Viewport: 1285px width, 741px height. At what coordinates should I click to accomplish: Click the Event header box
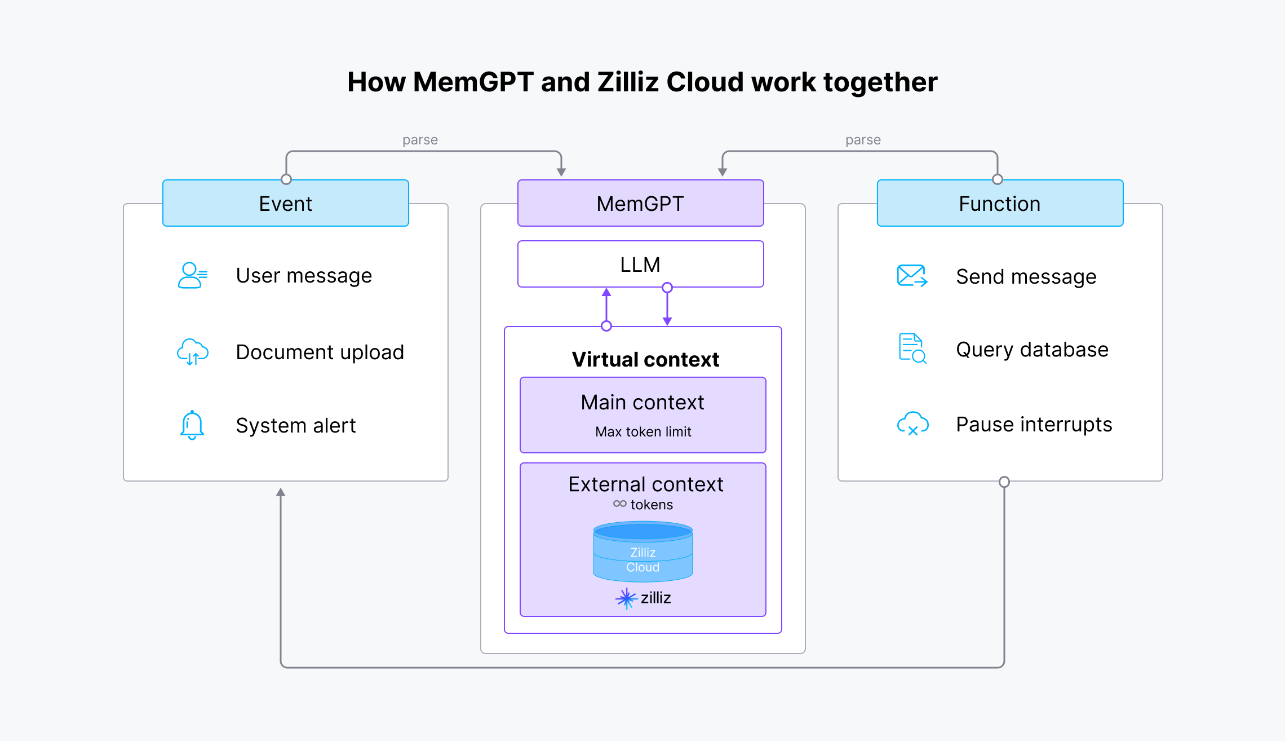click(x=285, y=204)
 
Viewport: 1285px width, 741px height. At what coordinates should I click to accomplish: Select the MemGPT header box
click(x=640, y=204)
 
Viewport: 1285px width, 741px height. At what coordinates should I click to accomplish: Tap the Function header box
click(x=999, y=204)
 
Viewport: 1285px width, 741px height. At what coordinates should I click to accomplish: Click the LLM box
click(x=640, y=264)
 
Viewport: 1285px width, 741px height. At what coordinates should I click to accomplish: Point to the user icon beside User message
click(x=192, y=276)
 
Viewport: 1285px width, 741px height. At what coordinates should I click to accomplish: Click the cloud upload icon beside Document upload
click(x=192, y=352)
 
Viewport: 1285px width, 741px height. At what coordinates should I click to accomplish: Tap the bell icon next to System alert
click(x=192, y=425)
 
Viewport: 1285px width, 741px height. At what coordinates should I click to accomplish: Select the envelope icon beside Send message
click(x=911, y=276)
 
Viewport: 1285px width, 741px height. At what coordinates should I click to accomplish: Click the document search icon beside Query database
click(x=911, y=349)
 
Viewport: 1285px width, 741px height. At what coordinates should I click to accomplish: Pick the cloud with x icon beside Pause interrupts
click(x=912, y=424)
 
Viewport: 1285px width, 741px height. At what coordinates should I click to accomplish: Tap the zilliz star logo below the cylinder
click(x=626, y=598)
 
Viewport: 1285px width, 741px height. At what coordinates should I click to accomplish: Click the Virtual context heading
click(x=645, y=359)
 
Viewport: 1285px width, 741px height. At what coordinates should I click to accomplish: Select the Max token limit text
click(x=643, y=432)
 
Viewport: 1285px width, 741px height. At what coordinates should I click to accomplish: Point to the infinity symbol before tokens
click(x=619, y=504)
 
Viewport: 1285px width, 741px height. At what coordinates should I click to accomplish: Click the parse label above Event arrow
click(x=420, y=140)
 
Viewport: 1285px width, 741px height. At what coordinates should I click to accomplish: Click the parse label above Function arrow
click(x=863, y=140)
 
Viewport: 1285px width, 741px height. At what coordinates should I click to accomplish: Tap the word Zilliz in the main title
click(x=628, y=82)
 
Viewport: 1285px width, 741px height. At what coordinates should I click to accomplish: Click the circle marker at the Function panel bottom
click(x=1004, y=482)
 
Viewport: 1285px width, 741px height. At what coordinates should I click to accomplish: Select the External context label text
click(x=645, y=484)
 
